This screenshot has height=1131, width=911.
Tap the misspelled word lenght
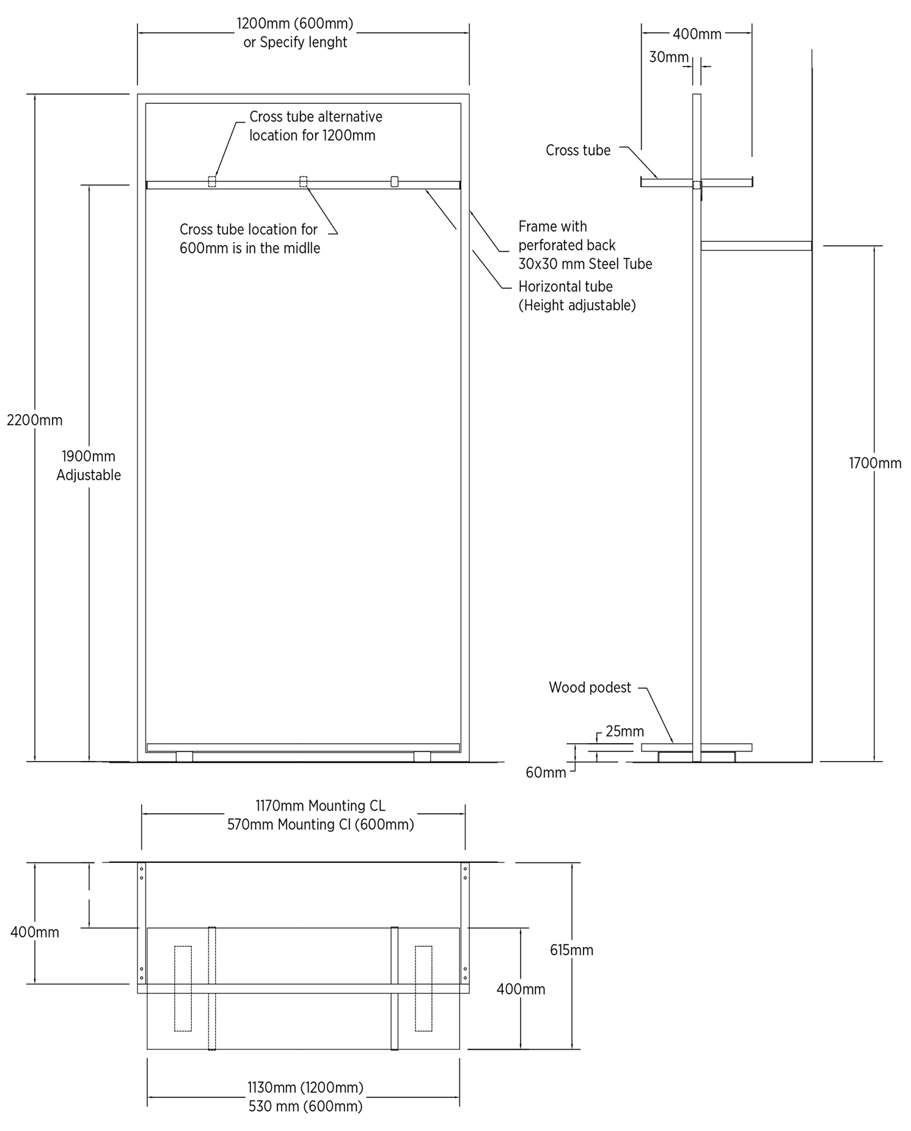tap(327, 42)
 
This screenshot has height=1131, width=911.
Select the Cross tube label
tap(578, 150)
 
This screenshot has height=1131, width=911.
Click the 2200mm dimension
tap(35, 420)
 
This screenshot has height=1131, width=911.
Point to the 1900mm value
tap(89, 456)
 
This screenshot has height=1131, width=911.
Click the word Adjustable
tap(89, 475)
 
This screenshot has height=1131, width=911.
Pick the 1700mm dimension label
tap(875, 463)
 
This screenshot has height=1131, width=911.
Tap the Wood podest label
tap(590, 687)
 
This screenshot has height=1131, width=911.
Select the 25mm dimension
tap(625, 731)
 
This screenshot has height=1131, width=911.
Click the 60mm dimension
tap(546, 773)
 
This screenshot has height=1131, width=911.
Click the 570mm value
tap(250, 824)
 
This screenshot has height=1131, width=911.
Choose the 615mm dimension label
tap(571, 950)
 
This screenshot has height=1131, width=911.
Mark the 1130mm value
tap(271, 1087)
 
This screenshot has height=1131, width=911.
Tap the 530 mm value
tap(269, 1106)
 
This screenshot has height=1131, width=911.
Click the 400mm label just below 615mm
tap(521, 989)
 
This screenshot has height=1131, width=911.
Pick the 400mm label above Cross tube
tap(697, 34)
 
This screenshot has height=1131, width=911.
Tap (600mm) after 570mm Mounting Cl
tap(384, 824)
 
